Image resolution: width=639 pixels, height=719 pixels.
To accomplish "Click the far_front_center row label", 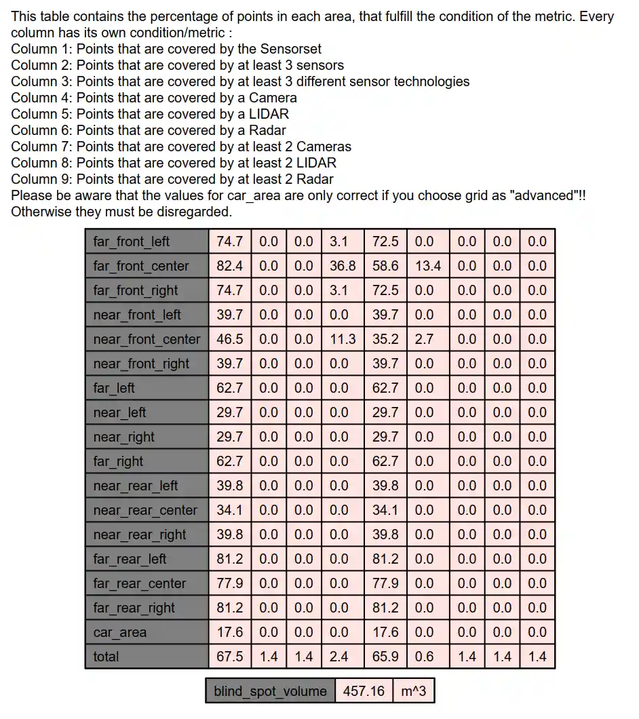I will [141, 266].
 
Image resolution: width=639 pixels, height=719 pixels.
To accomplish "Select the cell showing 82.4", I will [230, 266].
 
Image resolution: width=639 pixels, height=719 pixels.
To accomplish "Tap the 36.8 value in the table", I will [343, 266].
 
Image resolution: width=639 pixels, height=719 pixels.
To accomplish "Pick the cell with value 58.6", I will [385, 266].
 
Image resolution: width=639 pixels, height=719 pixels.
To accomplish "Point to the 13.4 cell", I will [428, 266].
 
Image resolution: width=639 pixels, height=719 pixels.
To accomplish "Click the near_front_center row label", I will [147, 339].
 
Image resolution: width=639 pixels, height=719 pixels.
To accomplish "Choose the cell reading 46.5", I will [230, 339].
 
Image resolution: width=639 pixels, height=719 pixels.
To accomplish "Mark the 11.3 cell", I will [343, 339].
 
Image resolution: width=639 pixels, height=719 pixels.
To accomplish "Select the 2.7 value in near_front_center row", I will [424, 339].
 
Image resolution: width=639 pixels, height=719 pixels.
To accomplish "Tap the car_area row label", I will [120, 632].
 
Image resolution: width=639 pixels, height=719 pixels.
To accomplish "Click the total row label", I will [106, 657].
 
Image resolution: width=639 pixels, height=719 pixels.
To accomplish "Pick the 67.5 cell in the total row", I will [230, 657].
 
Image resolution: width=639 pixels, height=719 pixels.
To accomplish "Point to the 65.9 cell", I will [385, 657].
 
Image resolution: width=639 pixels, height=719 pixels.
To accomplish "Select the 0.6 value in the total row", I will [424, 657].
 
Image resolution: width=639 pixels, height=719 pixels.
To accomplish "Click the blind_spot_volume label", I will [270, 691].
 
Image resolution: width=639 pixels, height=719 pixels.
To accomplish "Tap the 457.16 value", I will [364, 691].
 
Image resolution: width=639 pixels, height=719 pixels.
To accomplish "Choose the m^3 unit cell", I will [414, 691].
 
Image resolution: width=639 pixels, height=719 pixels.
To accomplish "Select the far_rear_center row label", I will [140, 583].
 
